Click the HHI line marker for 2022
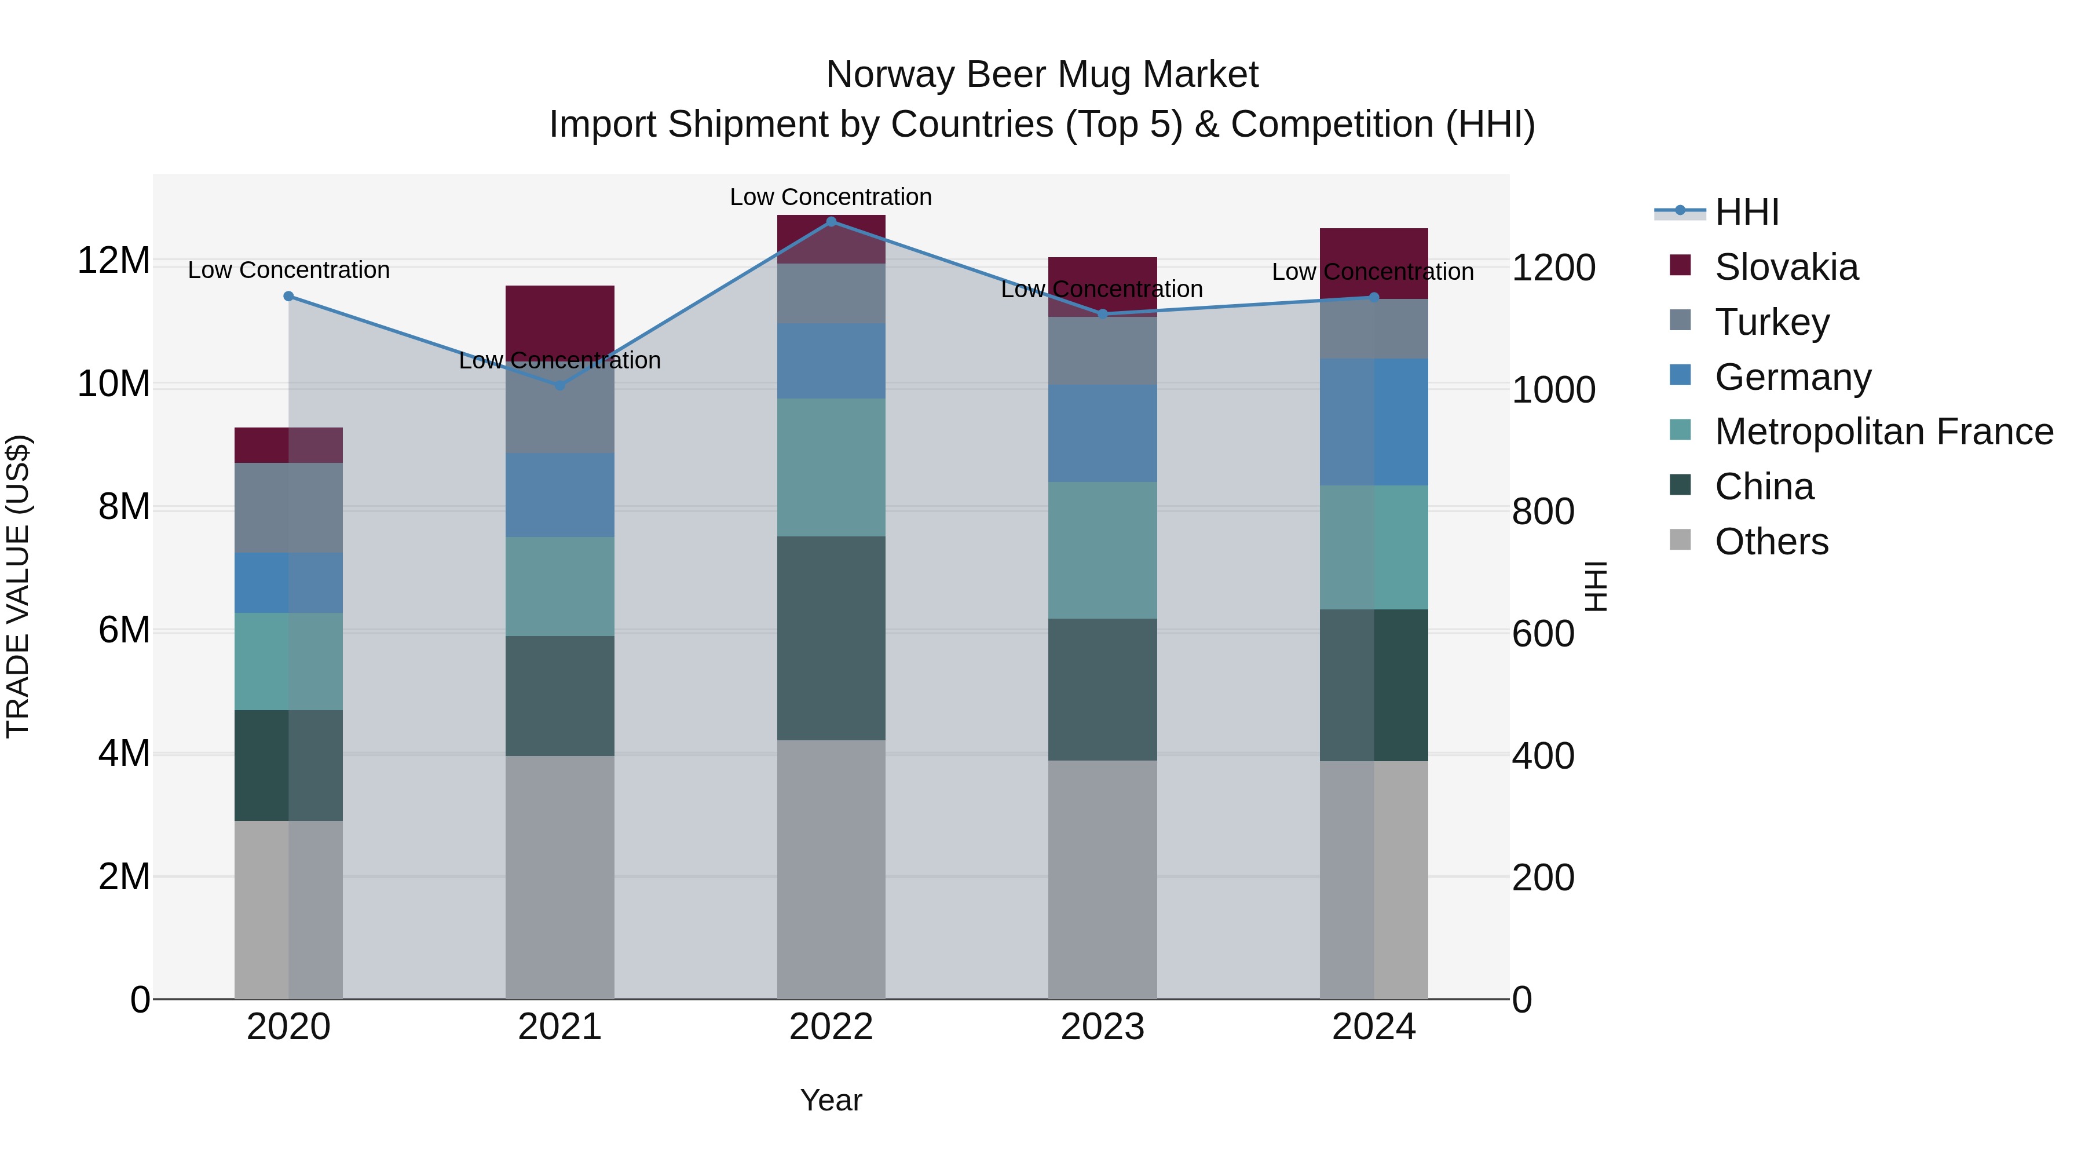pyautogui.click(x=831, y=222)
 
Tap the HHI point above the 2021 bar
pyautogui.click(x=559, y=385)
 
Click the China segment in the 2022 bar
pyautogui.click(x=831, y=638)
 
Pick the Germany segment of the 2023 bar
pyautogui.click(x=1102, y=433)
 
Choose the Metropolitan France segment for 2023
pyautogui.click(x=1102, y=550)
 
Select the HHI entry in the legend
pyautogui.click(x=1747, y=212)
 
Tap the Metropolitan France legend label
pyautogui.click(x=1883, y=432)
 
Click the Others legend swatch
pyautogui.click(x=1680, y=540)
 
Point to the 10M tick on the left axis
pyautogui.click(x=114, y=383)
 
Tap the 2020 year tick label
pyautogui.click(x=288, y=1027)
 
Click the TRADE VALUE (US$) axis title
pyautogui.click(x=18, y=586)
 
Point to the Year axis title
pyautogui.click(x=831, y=1100)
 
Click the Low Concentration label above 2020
pyautogui.click(x=288, y=271)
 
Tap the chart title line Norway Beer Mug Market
pyautogui.click(x=1042, y=75)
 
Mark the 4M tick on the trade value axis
pyautogui.click(x=124, y=754)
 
